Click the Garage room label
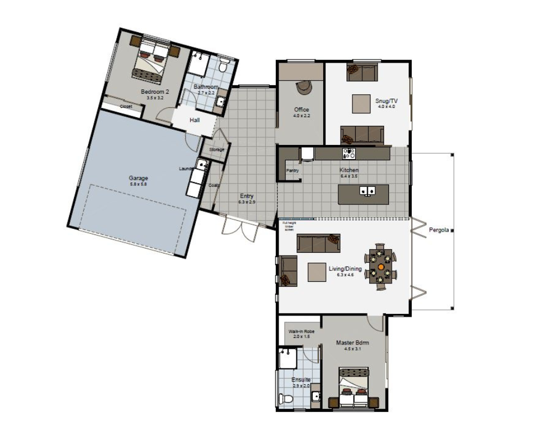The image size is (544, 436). click(138, 178)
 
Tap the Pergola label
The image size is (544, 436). click(438, 230)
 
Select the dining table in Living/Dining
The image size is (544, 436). click(380, 265)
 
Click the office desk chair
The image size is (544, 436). click(302, 87)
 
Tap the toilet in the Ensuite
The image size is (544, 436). click(287, 399)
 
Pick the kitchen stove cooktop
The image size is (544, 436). click(349, 153)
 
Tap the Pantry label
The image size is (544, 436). click(292, 171)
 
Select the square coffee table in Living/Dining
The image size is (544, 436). click(317, 272)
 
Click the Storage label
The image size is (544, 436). click(217, 149)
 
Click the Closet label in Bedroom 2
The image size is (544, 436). click(126, 107)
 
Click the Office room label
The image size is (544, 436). click(301, 110)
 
